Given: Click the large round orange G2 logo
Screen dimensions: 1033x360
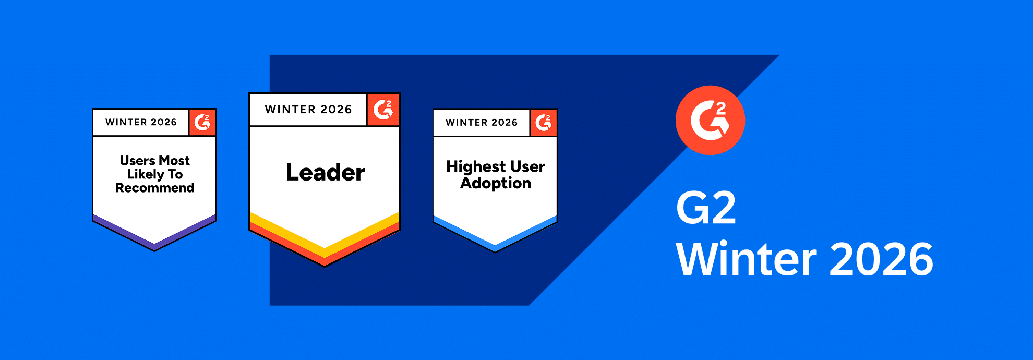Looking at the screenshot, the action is pyautogui.click(x=710, y=120).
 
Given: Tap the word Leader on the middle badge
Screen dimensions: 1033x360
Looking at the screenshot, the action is pyautogui.click(x=325, y=172).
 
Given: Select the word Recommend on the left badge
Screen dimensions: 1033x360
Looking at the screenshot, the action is pyautogui.click(x=155, y=188).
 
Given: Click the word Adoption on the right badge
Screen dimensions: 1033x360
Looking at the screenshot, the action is pyautogui.click(x=496, y=184).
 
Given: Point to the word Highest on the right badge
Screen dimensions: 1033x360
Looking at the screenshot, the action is pyautogui.click(x=476, y=167).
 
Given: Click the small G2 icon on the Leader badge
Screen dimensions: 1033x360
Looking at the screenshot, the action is pyautogui.click(x=383, y=110).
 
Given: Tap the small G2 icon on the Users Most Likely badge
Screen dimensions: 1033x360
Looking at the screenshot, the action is pyautogui.click(x=202, y=123).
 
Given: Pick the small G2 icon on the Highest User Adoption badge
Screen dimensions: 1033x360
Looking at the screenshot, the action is pyautogui.click(x=544, y=123).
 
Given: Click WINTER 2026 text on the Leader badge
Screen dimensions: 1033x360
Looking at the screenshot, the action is pyautogui.click(x=308, y=110).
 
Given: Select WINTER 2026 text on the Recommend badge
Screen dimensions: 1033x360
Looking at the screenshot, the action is pyautogui.click(x=141, y=122).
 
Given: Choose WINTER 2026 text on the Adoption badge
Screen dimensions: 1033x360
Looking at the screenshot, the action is pyautogui.click(x=482, y=123).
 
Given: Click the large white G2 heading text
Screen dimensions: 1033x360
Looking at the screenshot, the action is pyautogui.click(x=706, y=208).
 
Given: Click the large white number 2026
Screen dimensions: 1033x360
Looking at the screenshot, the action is pyautogui.click(x=881, y=259).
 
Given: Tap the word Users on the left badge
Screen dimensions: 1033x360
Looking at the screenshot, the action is pyautogui.click(x=137, y=160).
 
